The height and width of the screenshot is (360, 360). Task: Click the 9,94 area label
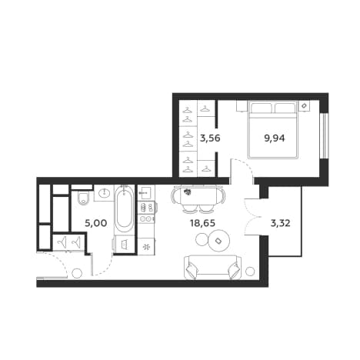[x=275, y=138]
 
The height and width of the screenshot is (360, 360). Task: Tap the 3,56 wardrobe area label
[x=210, y=138]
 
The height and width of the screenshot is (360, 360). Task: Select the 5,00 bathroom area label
[x=95, y=223]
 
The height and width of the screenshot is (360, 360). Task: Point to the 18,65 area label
[x=202, y=223]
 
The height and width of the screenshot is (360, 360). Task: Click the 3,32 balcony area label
[x=280, y=223]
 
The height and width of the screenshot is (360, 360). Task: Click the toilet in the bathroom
[x=83, y=198]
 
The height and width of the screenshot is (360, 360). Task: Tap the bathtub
[x=124, y=209]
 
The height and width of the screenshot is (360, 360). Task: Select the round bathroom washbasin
[x=105, y=193]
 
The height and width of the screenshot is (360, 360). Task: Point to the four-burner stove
[x=146, y=208]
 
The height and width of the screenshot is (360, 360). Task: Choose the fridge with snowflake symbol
[x=146, y=247]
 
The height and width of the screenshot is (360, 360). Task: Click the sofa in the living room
[x=212, y=267]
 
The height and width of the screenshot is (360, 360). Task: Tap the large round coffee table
[x=218, y=241]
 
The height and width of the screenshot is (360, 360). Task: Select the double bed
[x=272, y=130]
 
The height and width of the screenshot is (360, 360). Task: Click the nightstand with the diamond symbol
[x=305, y=105]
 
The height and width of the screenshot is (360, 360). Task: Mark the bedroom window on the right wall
[x=324, y=135]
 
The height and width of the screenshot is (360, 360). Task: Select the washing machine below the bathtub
[x=125, y=244]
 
